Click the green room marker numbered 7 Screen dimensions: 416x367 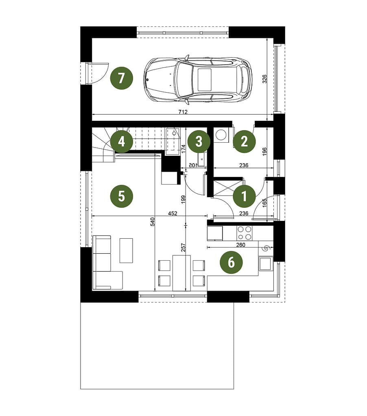121,78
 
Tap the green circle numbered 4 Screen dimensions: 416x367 121,142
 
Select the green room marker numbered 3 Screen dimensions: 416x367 199,142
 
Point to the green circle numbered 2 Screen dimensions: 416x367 244,141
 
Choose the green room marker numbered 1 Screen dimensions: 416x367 244,196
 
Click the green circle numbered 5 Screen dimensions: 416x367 121,196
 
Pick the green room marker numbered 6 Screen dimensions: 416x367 231,262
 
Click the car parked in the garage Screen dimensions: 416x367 198,79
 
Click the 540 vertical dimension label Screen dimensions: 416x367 153,222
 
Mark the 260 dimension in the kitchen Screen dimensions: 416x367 240,245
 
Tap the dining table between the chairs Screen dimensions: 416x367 181,273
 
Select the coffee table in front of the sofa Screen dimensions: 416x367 126,250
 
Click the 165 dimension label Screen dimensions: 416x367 264,202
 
